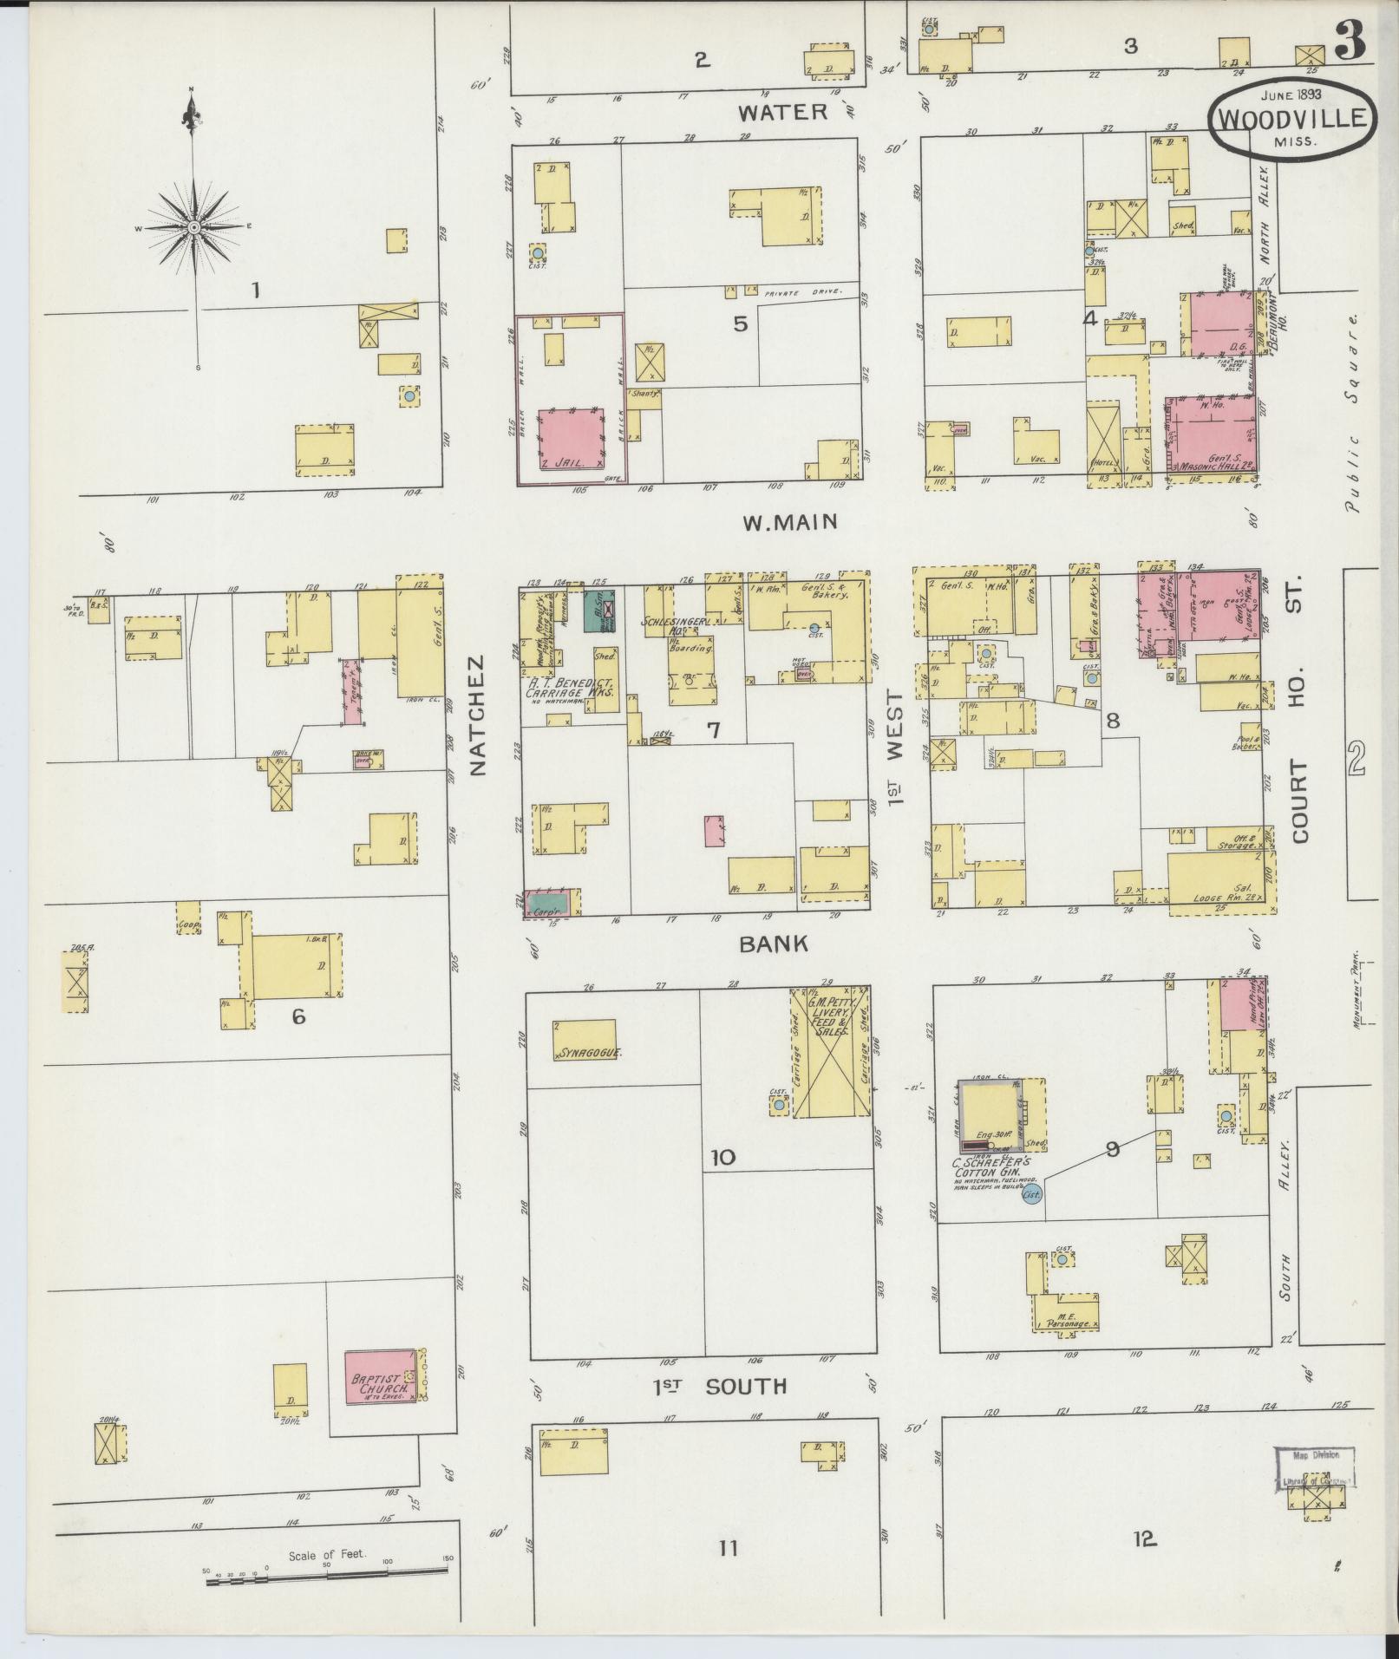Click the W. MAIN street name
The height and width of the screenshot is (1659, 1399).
pos(789,522)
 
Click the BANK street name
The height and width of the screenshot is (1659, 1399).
pos(774,944)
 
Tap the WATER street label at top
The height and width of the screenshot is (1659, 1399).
pos(783,112)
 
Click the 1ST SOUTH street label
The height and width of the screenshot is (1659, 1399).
pos(720,1387)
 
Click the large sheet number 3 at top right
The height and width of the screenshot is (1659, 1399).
pos(1350,41)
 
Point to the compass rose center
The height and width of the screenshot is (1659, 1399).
pos(194,227)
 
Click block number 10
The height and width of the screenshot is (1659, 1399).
pos(723,1157)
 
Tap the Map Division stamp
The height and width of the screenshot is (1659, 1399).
pos(1315,1470)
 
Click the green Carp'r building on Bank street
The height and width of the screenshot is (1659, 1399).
pos(550,903)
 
